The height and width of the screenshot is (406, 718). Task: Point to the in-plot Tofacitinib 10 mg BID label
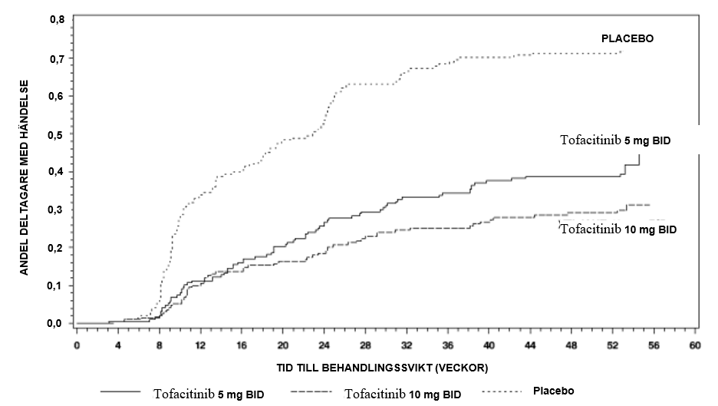618,229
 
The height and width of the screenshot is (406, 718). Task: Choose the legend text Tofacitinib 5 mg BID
209,394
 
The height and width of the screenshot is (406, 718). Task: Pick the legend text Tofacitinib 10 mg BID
403,394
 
